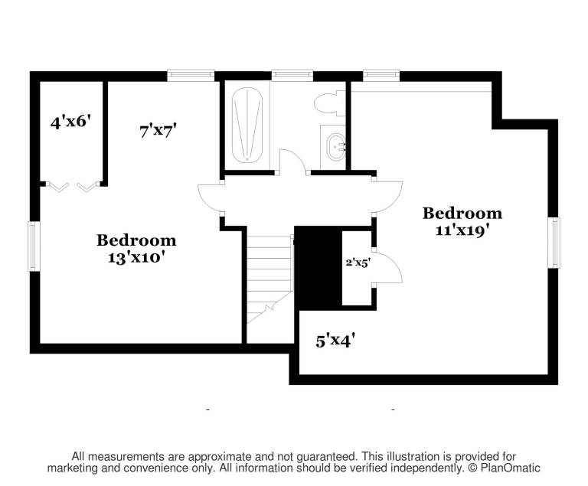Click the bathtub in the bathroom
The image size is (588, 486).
(247, 126)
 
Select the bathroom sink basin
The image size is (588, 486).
(336, 148)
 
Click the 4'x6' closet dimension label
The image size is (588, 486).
(71, 122)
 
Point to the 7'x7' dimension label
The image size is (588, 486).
(158, 131)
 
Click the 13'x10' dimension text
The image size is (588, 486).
(136, 258)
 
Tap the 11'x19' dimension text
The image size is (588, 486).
(462, 230)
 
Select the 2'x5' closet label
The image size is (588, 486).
(358, 263)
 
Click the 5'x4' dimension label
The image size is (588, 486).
(335, 341)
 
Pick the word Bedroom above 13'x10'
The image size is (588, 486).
(136, 240)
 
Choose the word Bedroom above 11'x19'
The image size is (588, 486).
(462, 213)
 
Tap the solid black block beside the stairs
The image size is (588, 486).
(318, 268)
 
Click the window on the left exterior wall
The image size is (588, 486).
(34, 246)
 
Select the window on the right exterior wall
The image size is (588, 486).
(554, 243)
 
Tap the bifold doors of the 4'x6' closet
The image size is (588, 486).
(73, 187)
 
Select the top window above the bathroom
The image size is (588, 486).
(292, 75)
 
